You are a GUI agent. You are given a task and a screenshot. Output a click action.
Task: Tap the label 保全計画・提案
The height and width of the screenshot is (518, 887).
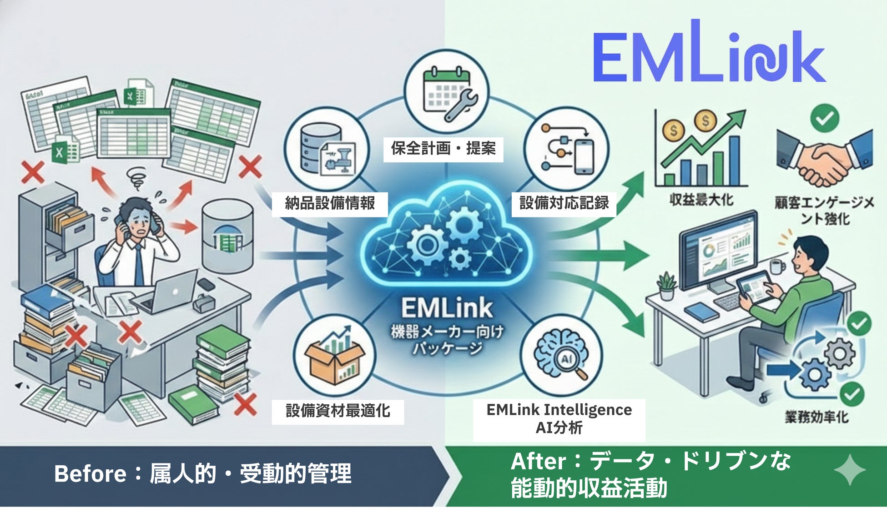tap(443, 149)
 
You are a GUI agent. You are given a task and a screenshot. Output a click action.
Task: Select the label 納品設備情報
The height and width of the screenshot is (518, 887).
tap(330, 203)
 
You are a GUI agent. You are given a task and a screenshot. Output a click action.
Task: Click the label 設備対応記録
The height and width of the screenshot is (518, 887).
tap(564, 203)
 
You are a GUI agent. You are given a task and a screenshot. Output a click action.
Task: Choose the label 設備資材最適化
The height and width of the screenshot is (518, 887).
tap(338, 411)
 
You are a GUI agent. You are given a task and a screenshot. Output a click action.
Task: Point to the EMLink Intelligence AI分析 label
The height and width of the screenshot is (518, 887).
tap(559, 419)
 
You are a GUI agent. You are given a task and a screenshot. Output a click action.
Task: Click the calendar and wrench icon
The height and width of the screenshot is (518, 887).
tap(447, 93)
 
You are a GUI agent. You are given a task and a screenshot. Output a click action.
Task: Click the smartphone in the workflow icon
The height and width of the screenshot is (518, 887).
tap(584, 157)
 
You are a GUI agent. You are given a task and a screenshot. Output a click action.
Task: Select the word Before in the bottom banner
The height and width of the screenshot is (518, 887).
tap(90, 474)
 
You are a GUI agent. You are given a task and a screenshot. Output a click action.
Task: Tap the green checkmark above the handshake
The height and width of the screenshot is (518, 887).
tap(825, 118)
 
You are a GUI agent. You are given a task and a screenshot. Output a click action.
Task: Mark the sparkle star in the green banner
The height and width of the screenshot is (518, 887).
tap(849, 470)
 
